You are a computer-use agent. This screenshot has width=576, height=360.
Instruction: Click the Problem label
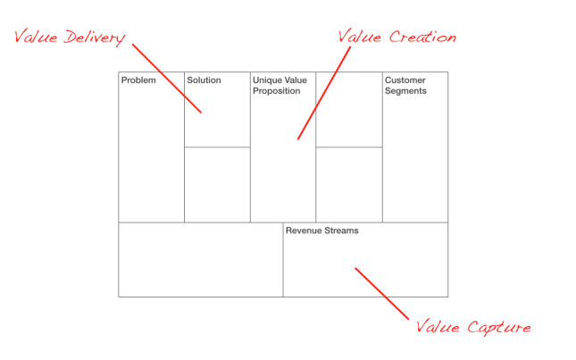pos(138,81)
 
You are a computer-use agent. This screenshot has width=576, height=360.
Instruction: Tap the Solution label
pos(204,81)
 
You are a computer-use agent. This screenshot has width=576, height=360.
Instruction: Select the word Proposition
pos(277,91)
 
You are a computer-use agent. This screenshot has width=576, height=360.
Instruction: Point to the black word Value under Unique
pos(296,81)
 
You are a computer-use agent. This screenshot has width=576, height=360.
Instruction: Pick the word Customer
pos(405,81)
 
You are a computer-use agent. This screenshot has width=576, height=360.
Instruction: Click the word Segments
pos(405,91)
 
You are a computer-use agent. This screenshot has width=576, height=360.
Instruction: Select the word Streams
pos(342,230)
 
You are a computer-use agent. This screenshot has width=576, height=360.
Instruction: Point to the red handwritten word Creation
pos(422,38)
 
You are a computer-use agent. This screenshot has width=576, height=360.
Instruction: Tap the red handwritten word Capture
pos(498,327)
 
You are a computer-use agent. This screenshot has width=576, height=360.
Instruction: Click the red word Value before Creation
pos(361,38)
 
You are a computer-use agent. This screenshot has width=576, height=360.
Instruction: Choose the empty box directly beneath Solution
pos(217,185)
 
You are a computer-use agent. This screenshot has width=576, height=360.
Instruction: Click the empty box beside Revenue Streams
pos(200,259)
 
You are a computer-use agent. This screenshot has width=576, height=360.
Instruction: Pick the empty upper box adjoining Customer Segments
pos(349,109)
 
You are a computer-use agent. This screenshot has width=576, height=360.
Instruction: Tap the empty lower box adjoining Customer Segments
pos(349,185)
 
